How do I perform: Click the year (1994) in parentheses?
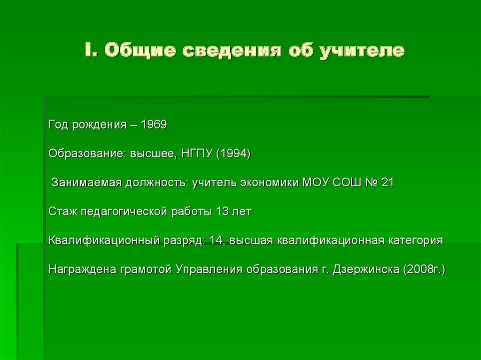tap(234, 154)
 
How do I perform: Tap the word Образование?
tap(85, 154)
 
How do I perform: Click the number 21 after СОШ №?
tap(388, 183)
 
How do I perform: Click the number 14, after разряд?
tap(217, 241)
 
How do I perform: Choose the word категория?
tap(415, 241)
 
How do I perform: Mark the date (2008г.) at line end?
tap(423, 270)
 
